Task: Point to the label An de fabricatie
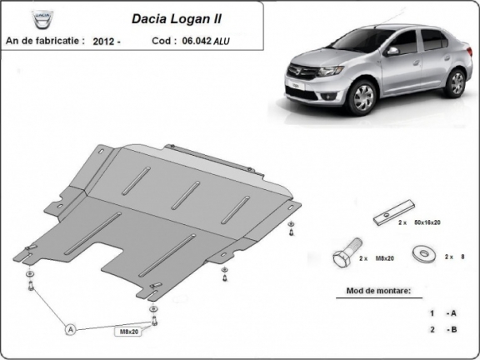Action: (x=45, y=40)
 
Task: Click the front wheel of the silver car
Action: (x=363, y=98)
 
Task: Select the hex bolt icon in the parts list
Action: (x=343, y=257)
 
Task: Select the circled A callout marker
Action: (x=71, y=330)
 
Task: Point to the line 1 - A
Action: (x=442, y=313)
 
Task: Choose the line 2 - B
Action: (x=442, y=330)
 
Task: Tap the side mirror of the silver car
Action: (x=392, y=51)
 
